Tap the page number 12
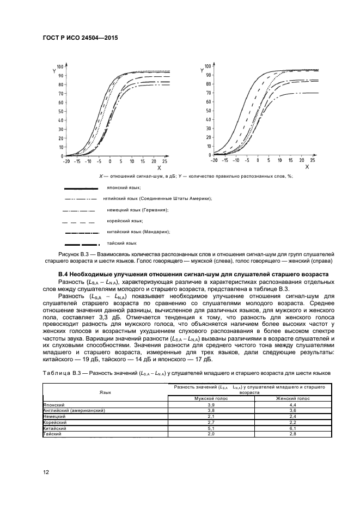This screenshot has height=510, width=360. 46,472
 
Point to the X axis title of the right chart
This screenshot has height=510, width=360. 307,167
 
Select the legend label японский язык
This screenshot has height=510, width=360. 120,187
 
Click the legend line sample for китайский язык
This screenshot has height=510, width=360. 81,232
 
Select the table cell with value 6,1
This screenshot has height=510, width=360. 292,428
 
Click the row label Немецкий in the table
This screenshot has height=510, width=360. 54,416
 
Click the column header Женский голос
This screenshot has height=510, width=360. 292,399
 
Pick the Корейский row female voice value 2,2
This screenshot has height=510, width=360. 292,422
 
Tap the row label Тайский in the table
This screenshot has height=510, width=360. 53,434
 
